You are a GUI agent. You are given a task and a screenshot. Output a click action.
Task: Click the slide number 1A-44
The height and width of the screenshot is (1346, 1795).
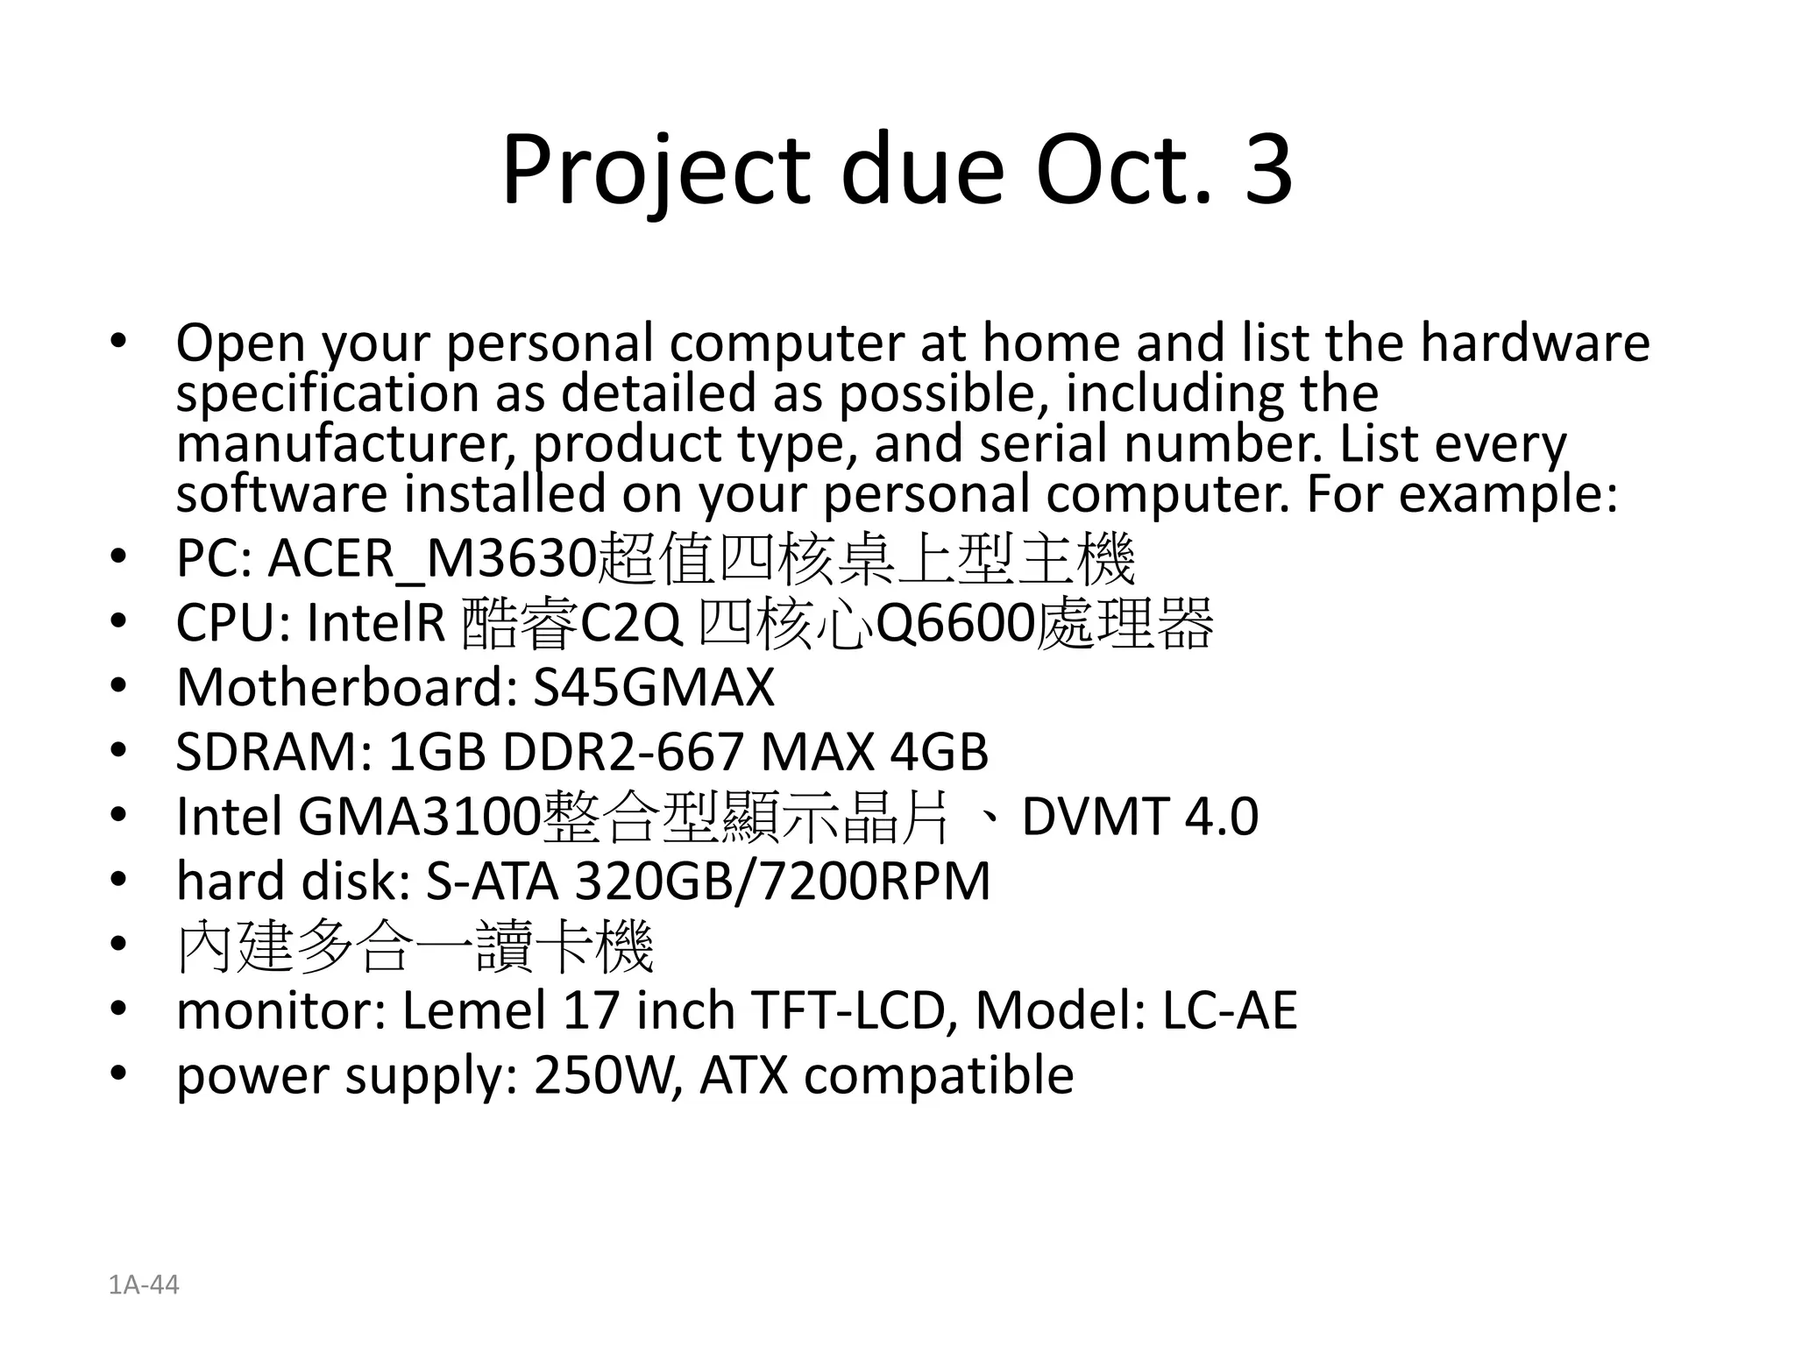[x=144, y=1285]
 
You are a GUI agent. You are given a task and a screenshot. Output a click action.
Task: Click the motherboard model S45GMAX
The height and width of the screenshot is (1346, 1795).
[x=654, y=687]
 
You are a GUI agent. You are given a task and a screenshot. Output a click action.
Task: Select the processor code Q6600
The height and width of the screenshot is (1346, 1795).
[x=954, y=624]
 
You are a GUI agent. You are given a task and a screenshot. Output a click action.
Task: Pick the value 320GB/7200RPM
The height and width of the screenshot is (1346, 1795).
[x=782, y=881]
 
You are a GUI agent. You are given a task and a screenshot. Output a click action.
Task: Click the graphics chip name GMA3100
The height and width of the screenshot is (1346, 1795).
[x=419, y=817]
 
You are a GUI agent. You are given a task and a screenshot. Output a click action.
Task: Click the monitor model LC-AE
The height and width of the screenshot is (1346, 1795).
[x=1230, y=1010]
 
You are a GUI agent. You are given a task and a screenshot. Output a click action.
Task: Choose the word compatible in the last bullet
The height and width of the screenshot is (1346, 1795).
[x=939, y=1075]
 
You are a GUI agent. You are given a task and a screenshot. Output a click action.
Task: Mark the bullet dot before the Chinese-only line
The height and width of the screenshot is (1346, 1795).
[x=119, y=945]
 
